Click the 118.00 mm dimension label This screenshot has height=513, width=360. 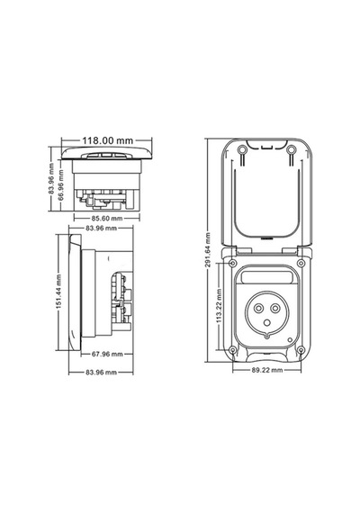coord(107,140)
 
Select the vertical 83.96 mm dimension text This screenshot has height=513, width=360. coord(51,178)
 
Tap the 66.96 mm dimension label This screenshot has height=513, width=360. coord(61,184)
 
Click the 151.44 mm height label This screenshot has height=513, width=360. coord(58,292)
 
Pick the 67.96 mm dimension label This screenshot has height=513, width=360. coord(107,354)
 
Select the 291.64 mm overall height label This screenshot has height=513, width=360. coord(208,250)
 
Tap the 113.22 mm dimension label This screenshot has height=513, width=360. coord(219,306)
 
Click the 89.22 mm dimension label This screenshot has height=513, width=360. coord(267,370)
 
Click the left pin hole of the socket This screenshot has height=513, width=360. coord(258,308)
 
